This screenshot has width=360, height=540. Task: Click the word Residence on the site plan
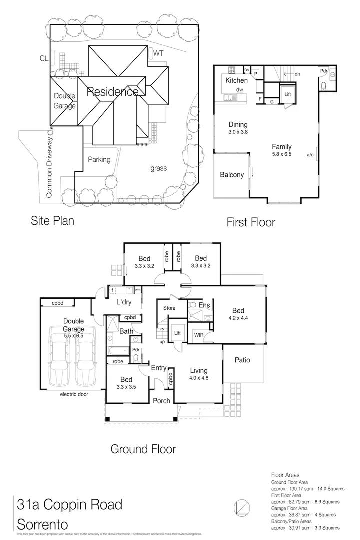point(113,92)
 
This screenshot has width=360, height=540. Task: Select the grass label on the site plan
point(158,168)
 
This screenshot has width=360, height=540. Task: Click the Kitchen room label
point(236,80)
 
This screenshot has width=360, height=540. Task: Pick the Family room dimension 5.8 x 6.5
point(281,155)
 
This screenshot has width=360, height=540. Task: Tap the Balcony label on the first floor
point(232,175)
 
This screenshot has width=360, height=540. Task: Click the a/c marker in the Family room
point(310,155)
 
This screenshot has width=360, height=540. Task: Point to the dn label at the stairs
point(297,74)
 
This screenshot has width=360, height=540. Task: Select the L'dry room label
point(123,303)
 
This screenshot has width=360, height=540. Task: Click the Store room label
point(169,308)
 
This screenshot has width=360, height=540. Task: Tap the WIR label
point(198,335)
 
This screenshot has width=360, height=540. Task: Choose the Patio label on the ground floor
point(242,360)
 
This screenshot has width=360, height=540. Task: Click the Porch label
point(161,400)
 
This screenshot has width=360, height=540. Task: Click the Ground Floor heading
point(143,449)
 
